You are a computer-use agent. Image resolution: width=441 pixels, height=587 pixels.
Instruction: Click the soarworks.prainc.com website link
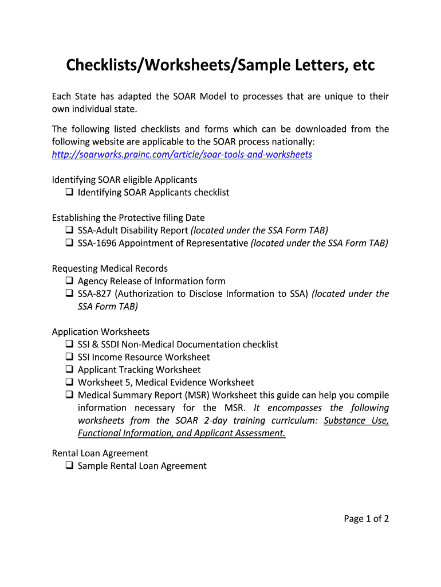pos(182,155)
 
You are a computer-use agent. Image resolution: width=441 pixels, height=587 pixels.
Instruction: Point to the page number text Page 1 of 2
pos(366,519)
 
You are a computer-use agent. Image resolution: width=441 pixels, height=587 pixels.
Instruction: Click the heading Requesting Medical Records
pos(109,268)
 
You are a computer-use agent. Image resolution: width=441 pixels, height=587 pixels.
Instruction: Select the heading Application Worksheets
pos(101,332)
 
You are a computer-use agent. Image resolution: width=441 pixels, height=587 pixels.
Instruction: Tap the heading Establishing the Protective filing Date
pos(128,218)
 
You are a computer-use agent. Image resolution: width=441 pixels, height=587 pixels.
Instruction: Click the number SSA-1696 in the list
pos(97,243)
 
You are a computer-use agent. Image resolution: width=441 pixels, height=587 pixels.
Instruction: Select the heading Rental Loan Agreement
pos(100,453)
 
